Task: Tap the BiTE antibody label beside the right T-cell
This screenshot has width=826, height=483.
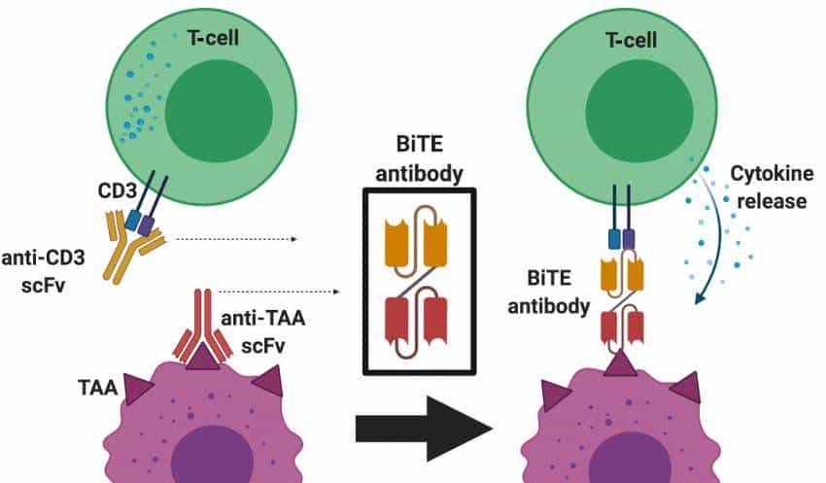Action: pos(544,292)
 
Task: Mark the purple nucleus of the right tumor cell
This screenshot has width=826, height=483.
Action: pos(623,457)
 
